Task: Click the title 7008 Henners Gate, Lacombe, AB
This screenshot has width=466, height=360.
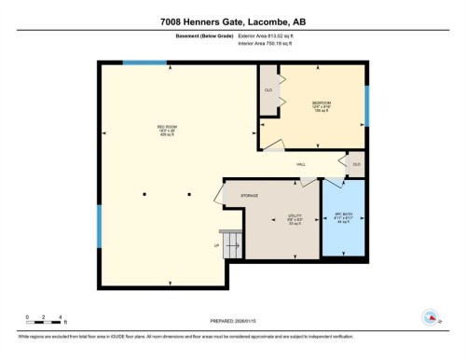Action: (x=232, y=21)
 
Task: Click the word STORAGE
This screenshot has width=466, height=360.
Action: (x=250, y=196)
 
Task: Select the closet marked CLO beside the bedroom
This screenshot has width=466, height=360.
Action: (x=267, y=90)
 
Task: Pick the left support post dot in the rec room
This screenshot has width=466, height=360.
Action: (x=144, y=194)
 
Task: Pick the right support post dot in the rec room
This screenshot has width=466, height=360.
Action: (x=189, y=194)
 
